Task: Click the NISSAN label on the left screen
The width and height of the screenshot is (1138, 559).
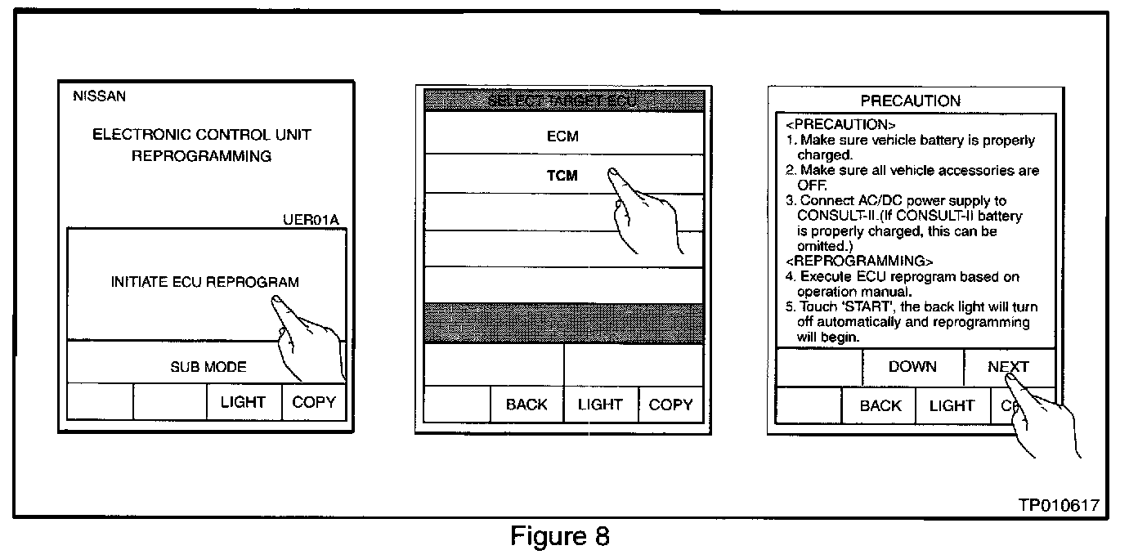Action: point(100,96)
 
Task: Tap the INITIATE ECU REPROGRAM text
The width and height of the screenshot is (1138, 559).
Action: point(204,283)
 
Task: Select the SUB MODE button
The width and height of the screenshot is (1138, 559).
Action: point(208,367)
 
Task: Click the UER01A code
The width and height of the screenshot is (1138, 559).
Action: point(309,220)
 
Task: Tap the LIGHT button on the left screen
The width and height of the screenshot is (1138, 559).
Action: point(243,402)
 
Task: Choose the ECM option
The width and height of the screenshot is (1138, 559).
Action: point(562,136)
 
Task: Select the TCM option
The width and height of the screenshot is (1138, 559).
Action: point(562,176)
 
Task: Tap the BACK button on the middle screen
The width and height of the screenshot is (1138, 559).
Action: point(526,405)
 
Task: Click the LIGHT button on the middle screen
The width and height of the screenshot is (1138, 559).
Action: point(600,405)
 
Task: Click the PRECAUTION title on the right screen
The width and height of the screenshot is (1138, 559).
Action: point(911,101)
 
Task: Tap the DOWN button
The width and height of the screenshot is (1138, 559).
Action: point(912,367)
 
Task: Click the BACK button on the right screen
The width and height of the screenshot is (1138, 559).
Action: point(880,406)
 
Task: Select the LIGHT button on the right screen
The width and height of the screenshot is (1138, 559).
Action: point(952,406)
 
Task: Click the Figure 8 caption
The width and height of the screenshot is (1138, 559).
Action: point(560,537)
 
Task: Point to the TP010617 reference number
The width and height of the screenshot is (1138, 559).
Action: point(1059,506)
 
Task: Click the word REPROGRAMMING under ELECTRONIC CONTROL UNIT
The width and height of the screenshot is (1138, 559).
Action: point(201,156)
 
